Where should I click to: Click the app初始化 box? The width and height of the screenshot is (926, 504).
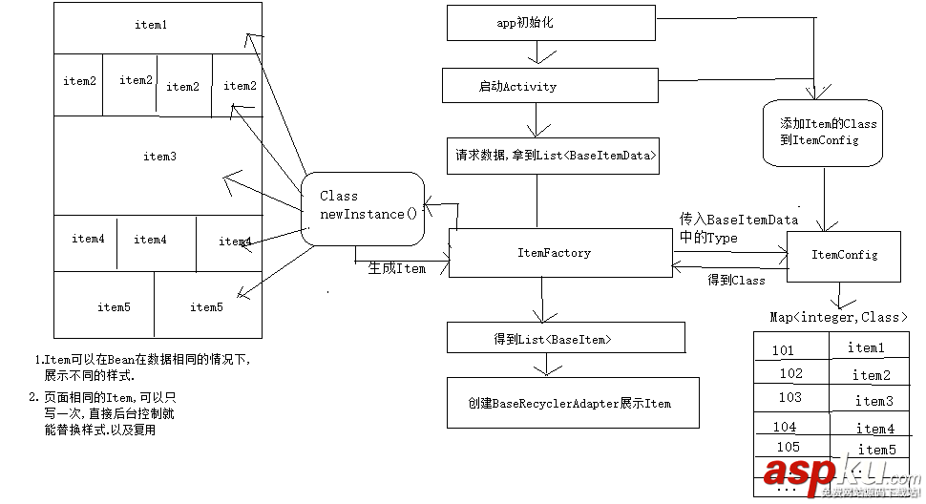tap(551, 23)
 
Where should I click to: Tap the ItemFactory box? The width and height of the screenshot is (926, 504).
tap(560, 253)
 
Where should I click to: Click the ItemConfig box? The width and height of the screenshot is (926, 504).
tap(843, 256)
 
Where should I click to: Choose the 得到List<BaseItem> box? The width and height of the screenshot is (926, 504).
tap(565, 338)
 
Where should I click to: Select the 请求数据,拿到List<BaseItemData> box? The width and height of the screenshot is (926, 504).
tap(553, 155)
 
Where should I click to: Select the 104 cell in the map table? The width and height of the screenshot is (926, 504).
tap(785, 427)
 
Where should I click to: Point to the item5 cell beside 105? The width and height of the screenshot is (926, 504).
tap(875, 450)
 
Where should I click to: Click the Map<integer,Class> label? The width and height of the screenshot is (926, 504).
tap(838, 317)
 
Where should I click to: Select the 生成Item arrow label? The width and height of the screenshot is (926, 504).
tap(396, 269)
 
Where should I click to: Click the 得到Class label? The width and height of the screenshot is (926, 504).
tap(736, 280)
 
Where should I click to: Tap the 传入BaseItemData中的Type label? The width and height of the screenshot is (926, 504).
tap(738, 228)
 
